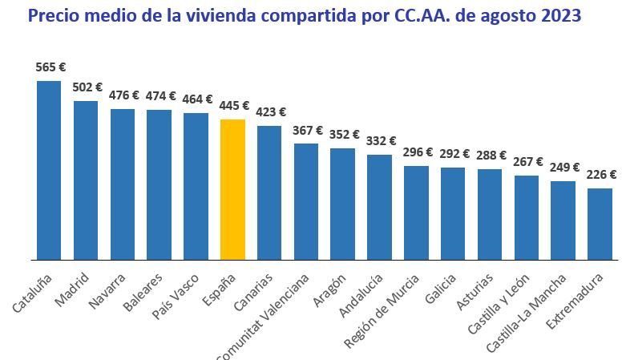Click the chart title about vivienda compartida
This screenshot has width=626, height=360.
[x=304, y=15]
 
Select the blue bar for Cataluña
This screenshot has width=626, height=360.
[x=49, y=171]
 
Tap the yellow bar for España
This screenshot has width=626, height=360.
[x=232, y=190]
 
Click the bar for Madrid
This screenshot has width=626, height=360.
[x=86, y=180]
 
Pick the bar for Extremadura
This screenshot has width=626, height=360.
[x=600, y=224]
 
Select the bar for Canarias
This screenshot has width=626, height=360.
[x=269, y=193]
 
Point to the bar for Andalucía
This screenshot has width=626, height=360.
[x=379, y=208]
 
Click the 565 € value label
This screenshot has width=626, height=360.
[x=50, y=67]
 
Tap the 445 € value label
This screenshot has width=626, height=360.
[x=233, y=106]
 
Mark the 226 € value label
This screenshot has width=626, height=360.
[x=600, y=175]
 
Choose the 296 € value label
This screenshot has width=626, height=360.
[x=417, y=152]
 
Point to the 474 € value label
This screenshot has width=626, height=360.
[x=160, y=96]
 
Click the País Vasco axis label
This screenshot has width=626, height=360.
[x=181, y=294]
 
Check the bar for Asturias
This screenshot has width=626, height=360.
[x=490, y=215]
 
